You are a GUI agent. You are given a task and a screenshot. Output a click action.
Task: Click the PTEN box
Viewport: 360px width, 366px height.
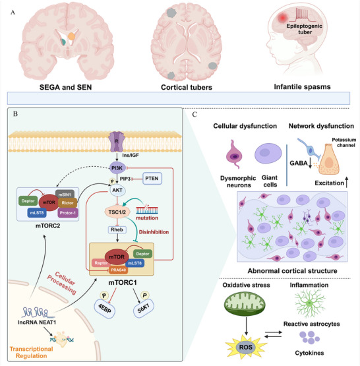152,179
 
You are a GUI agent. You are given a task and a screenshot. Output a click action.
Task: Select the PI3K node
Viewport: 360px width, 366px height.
117,168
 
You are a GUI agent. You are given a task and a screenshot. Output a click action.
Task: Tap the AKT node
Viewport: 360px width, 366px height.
117,190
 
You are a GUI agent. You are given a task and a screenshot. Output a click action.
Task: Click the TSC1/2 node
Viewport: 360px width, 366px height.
117,212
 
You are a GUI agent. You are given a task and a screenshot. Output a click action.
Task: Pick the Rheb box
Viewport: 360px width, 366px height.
117,229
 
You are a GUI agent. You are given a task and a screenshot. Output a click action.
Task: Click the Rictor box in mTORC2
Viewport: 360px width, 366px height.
67,203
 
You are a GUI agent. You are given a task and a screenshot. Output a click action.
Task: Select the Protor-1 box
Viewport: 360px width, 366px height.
68,213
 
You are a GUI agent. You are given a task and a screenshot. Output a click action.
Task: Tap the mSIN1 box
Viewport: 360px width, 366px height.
65,195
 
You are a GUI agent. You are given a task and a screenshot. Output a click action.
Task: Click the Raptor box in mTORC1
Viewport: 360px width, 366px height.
101,263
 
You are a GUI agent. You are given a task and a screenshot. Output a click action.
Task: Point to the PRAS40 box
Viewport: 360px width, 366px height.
118,270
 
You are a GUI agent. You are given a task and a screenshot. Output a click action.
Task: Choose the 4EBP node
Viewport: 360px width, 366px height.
105,309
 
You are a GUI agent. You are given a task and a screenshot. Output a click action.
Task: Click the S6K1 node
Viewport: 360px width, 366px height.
144,309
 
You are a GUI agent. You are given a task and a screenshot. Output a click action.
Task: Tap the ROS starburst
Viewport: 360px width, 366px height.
246,347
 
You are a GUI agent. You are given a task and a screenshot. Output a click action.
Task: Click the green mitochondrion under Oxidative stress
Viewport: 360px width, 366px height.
245,303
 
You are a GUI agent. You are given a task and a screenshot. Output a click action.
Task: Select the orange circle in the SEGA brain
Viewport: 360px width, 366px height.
71,36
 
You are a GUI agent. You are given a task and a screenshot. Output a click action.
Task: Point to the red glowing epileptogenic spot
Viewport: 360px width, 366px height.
283,18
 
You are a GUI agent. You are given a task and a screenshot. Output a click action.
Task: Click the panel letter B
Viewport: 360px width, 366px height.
15,114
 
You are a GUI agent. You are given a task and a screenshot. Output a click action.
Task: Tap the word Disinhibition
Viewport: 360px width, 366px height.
154,232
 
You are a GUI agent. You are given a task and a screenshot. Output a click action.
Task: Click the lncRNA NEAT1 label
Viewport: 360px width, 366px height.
37,322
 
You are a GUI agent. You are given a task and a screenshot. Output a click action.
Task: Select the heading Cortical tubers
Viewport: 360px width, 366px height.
187,87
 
